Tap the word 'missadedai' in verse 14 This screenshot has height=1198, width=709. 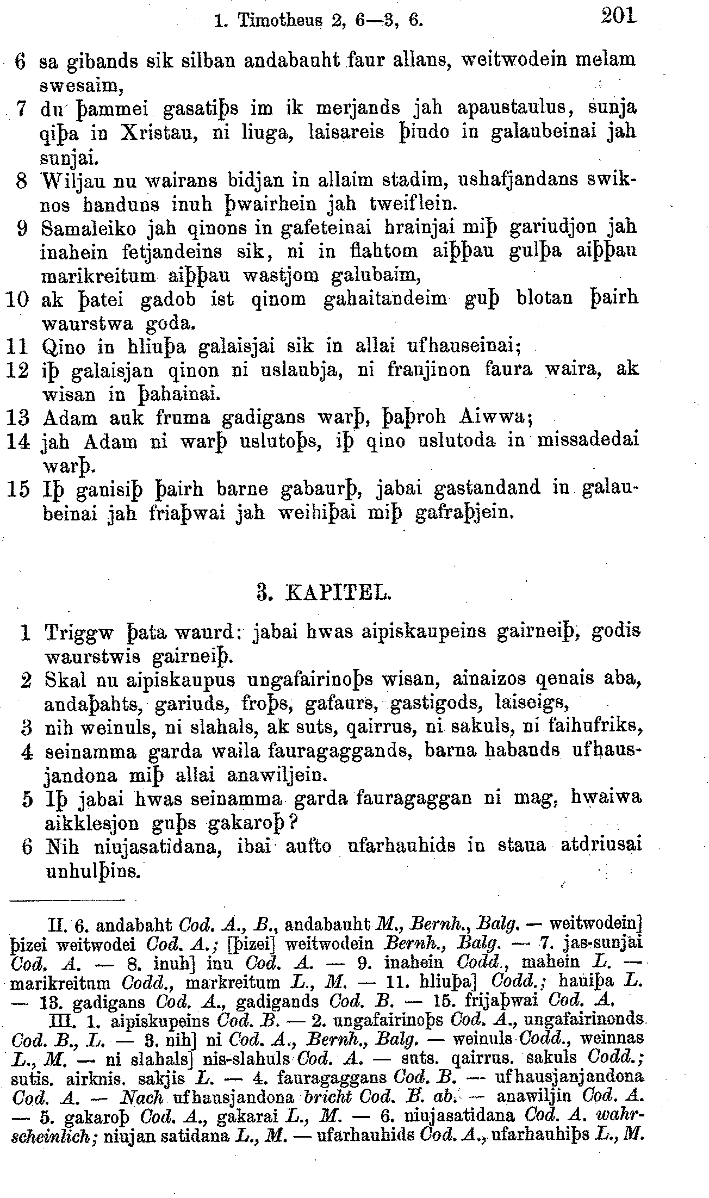pyautogui.click(x=588, y=440)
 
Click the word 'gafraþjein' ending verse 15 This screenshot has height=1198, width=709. pyautogui.click(x=464, y=512)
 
